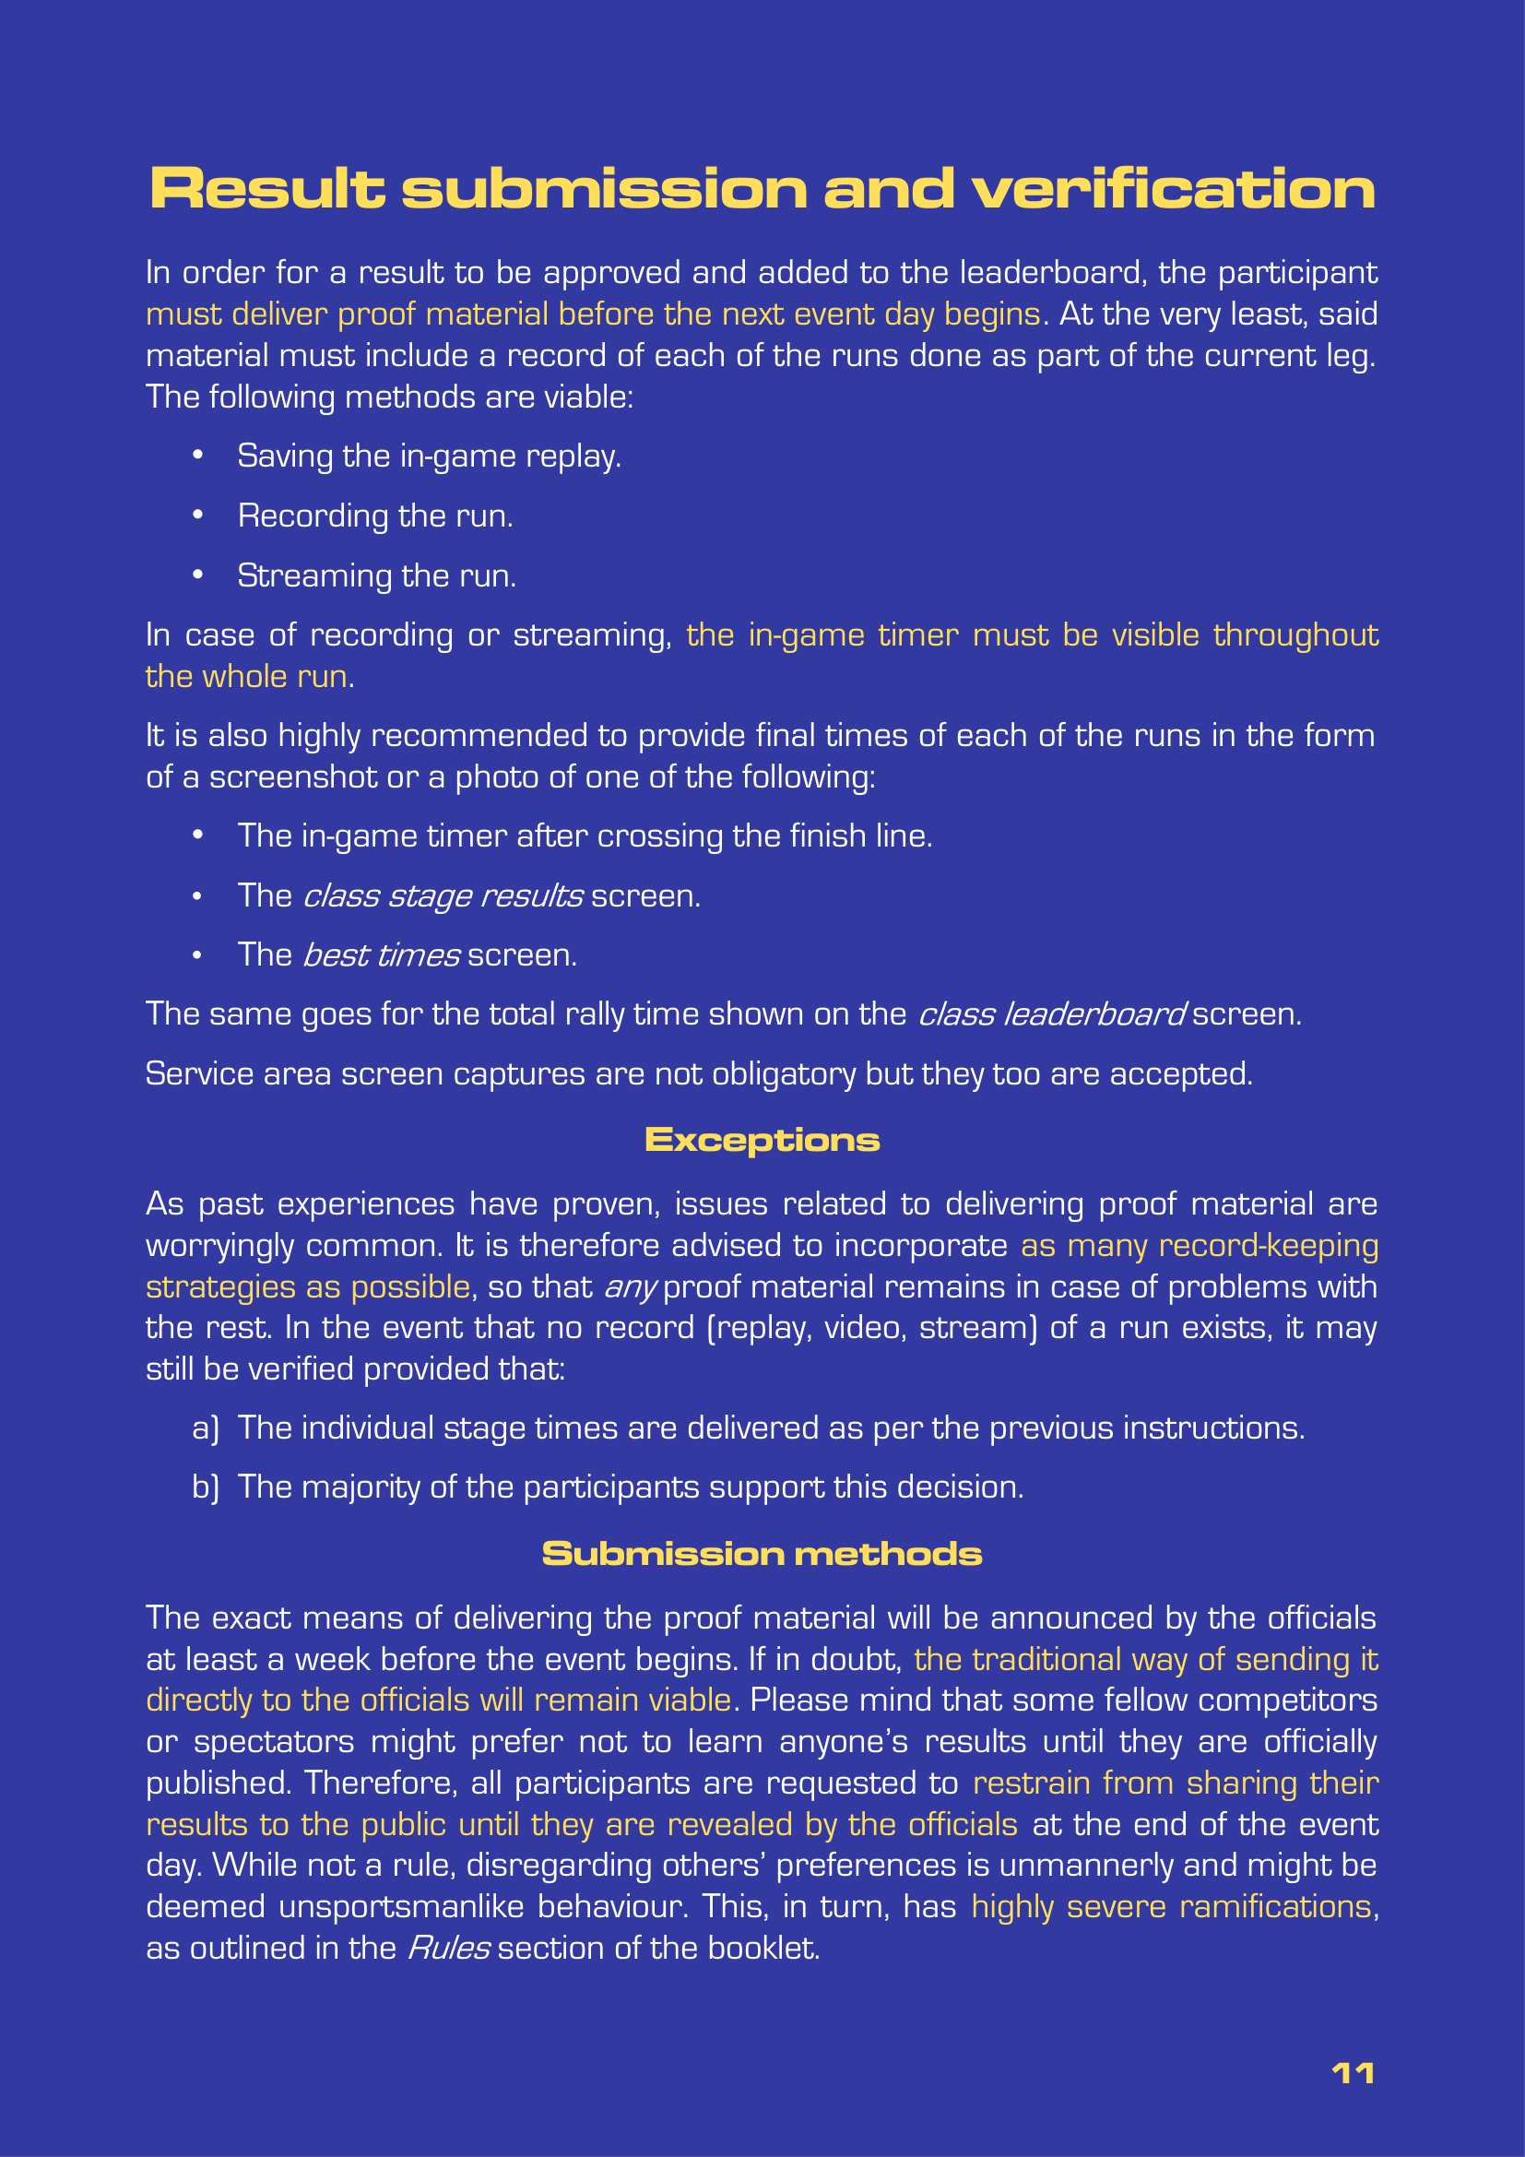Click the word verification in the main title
1174,189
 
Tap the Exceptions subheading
762,1140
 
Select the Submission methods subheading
762,1553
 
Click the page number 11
1354,2073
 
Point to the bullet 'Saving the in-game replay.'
429,456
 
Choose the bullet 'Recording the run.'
374,516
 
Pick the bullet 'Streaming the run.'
376,575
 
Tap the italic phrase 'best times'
382,955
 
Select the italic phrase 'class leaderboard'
1051,1014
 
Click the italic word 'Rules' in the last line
448,1948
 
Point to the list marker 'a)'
206,1428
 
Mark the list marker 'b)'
206,1487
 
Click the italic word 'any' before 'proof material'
629,1287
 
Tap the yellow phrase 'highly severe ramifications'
1171,1906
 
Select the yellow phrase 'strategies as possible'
308,1287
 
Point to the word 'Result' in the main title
267,189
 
